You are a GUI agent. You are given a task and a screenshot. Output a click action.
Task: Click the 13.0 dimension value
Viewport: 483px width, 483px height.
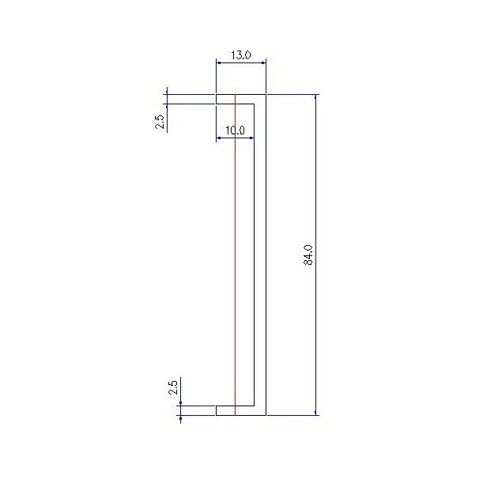(x=240, y=55)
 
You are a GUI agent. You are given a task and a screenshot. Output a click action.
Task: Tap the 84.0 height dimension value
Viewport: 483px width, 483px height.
(x=309, y=255)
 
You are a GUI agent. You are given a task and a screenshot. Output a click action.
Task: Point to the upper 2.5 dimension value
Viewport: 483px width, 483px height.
(x=160, y=122)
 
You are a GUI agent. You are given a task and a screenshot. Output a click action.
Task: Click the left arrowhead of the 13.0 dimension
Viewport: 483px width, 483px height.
(x=219, y=61)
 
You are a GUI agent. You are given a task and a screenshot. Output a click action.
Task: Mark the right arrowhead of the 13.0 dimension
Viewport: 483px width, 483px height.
(x=262, y=61)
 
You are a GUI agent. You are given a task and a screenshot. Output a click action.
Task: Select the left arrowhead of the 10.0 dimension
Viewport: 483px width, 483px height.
(x=219, y=138)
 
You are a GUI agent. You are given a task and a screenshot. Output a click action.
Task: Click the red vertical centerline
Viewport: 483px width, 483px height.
(x=235, y=261)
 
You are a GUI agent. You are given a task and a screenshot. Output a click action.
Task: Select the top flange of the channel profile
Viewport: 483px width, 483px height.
(x=240, y=99)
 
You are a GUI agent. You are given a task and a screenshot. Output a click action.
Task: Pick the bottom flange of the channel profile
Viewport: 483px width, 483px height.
(x=240, y=410)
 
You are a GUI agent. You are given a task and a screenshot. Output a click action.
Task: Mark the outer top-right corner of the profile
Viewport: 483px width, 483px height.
(x=266, y=95)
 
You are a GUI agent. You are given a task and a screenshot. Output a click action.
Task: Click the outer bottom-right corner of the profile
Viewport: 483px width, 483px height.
(x=266, y=414)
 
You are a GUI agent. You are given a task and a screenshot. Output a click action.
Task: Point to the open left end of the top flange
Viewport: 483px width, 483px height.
(x=217, y=99)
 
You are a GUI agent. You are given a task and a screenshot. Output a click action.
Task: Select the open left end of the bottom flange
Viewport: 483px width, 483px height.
(x=217, y=410)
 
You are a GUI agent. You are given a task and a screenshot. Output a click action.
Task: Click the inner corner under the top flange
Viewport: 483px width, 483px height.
(x=255, y=103)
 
